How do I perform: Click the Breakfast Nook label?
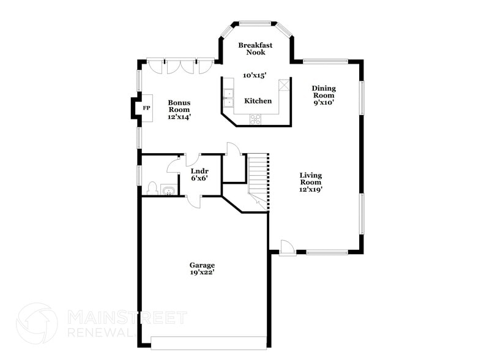[x=255, y=49]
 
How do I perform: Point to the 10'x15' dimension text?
[x=255, y=75]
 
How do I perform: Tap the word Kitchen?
[x=258, y=101]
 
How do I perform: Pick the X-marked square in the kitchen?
[x=284, y=86]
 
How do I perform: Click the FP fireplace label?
[x=146, y=108]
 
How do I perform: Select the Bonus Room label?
[x=179, y=106]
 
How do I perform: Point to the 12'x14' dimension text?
[x=179, y=117]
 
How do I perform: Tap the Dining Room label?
[x=324, y=92]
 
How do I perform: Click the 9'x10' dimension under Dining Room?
[x=324, y=103]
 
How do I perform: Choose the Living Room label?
[x=310, y=179]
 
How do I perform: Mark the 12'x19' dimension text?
[x=310, y=190]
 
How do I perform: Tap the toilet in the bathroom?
[x=152, y=189]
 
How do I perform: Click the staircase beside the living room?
[x=258, y=181]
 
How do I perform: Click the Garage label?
[x=201, y=265]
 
